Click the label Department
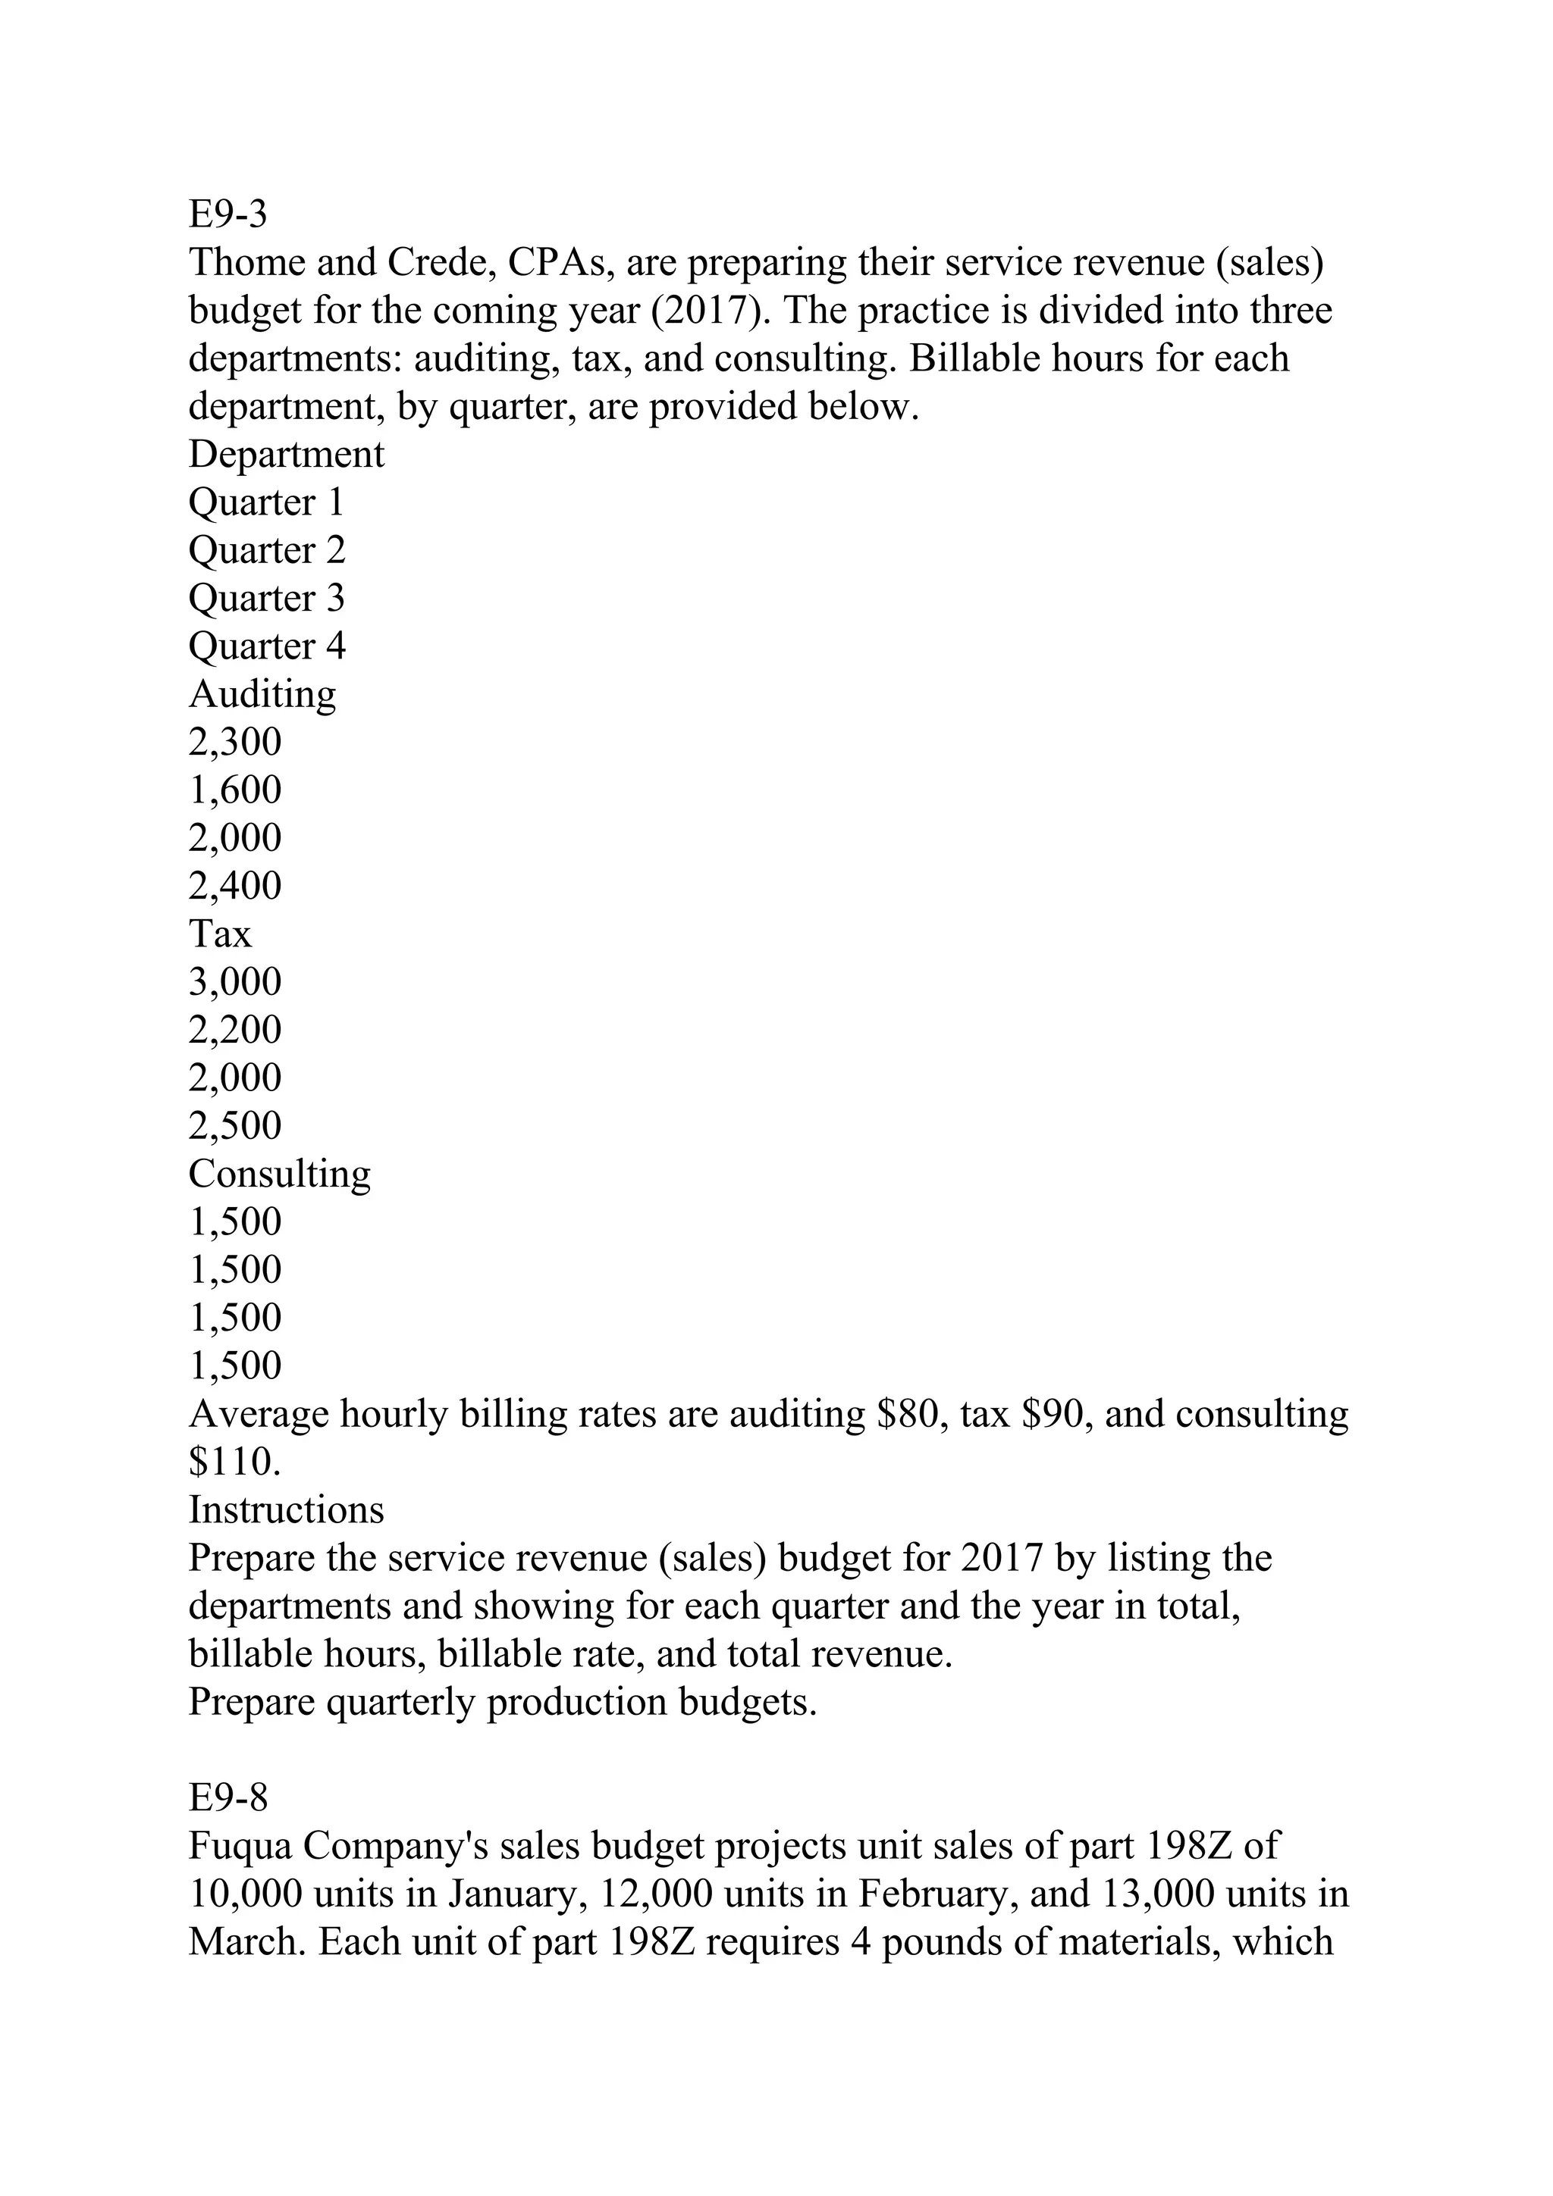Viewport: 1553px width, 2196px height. (286, 455)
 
